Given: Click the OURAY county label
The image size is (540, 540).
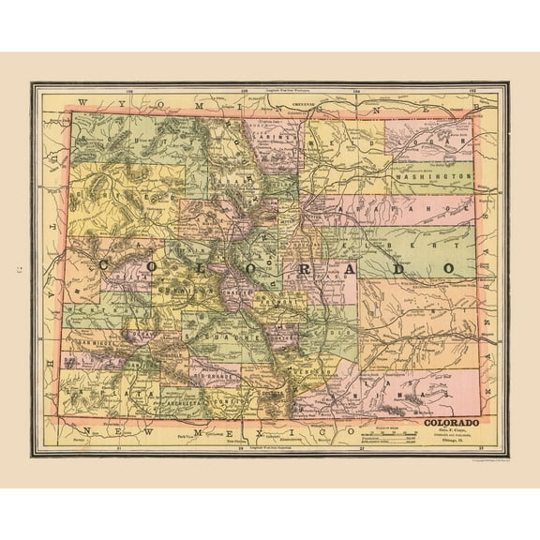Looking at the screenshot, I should coord(142,333).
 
